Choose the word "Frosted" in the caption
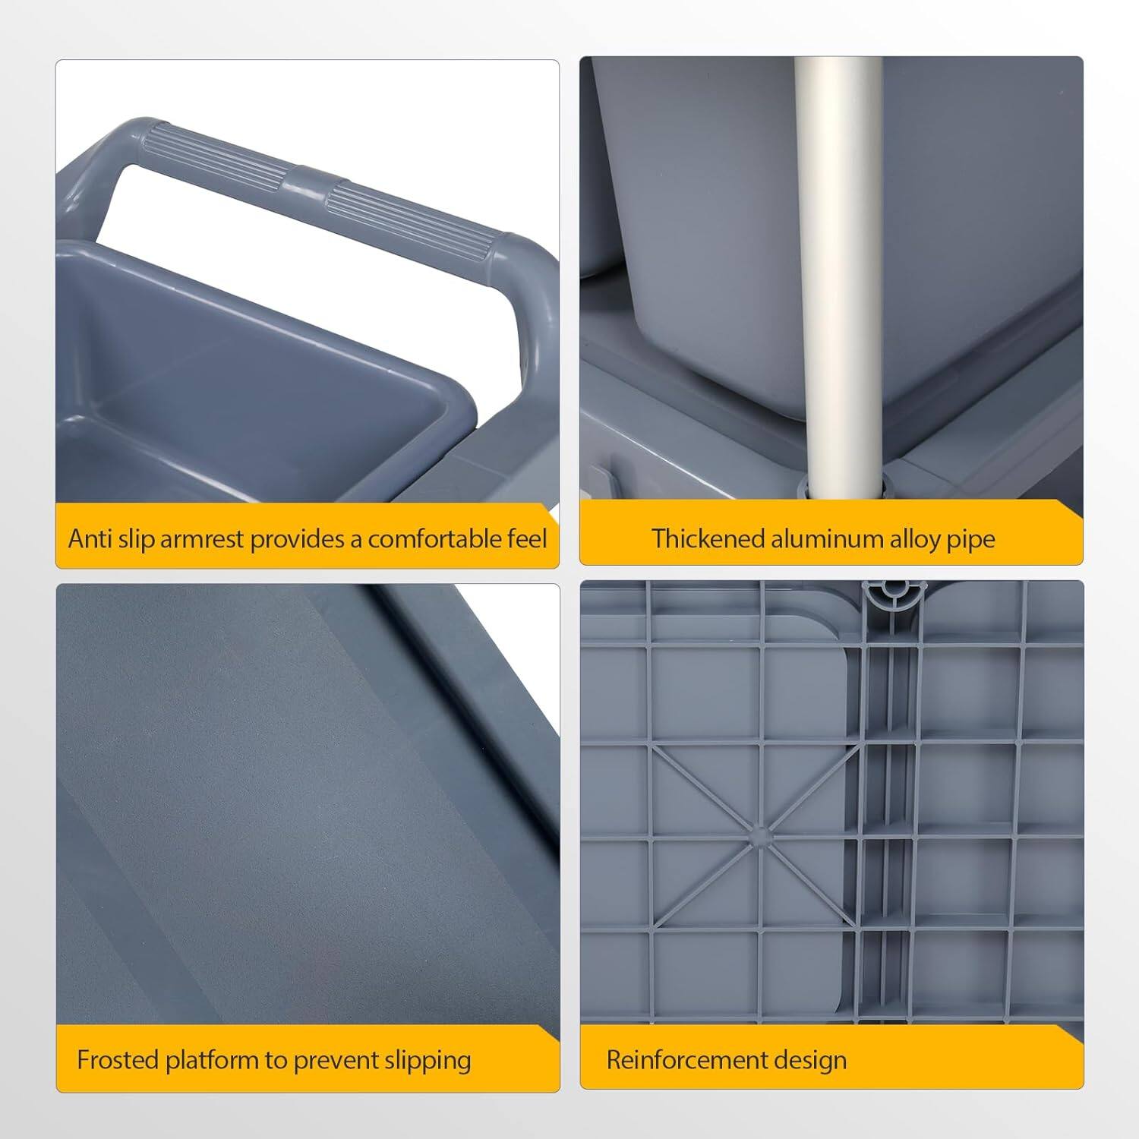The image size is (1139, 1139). pyautogui.click(x=118, y=1059)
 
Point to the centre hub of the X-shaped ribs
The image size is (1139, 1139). pyautogui.click(x=759, y=835)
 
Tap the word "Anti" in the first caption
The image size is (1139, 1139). pyautogui.click(x=88, y=538)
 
